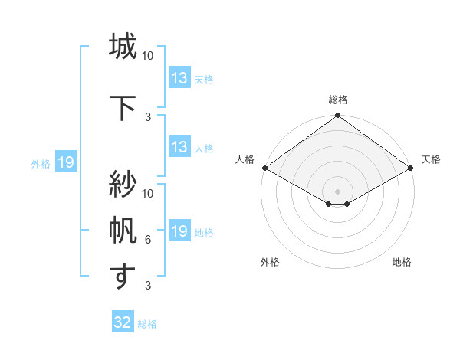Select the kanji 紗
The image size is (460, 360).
pyautogui.click(x=122, y=184)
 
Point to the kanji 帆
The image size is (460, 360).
pyautogui.click(x=122, y=229)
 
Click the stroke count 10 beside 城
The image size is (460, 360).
pyautogui.click(x=148, y=57)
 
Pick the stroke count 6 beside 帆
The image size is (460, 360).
pyautogui.click(x=148, y=240)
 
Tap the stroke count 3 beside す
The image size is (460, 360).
pyautogui.click(x=148, y=286)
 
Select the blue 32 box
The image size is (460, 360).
pyautogui.click(x=123, y=322)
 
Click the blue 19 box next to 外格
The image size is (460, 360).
pyautogui.click(x=65, y=162)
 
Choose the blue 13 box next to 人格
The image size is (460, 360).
pyautogui.click(x=179, y=147)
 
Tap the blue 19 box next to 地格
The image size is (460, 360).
pyautogui.click(x=179, y=231)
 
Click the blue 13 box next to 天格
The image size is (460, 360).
pyautogui.click(x=179, y=78)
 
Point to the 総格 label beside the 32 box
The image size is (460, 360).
pyautogui.click(x=147, y=323)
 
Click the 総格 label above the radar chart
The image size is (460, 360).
pyautogui.click(x=337, y=100)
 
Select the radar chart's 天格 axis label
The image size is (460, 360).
pyautogui.click(x=431, y=159)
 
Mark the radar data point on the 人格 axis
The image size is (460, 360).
pyautogui.click(x=264, y=168)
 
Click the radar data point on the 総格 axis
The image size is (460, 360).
pyautogui.click(x=337, y=116)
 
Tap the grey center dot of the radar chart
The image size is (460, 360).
pyautogui.click(x=337, y=191)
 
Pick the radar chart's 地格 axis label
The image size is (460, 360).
pyautogui.click(x=402, y=262)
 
